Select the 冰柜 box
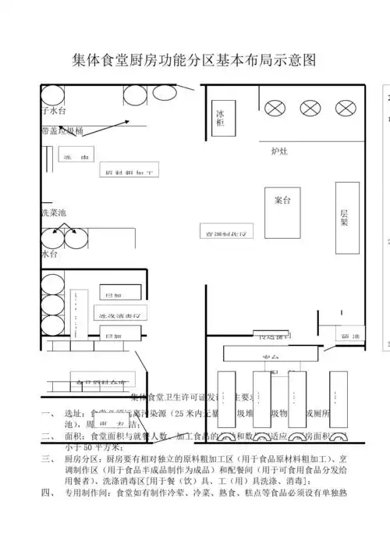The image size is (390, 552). [x=221, y=118]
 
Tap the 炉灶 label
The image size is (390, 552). [x=278, y=150]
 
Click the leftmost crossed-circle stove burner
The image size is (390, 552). [x=274, y=108]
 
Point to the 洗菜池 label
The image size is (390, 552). [x=54, y=212]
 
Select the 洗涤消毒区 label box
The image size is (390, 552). [x=120, y=315]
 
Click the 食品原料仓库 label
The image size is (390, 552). [x=98, y=382]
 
